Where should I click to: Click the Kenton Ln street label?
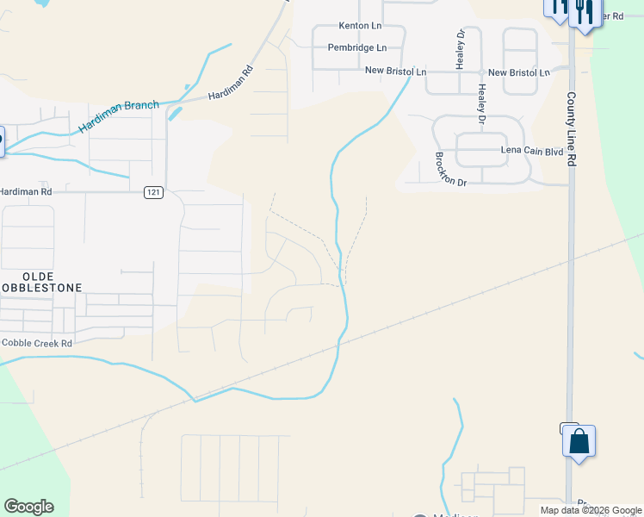(x=360, y=27)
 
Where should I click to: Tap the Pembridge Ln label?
(x=356, y=48)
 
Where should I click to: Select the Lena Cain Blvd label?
(x=532, y=151)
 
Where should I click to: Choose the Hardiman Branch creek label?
(x=119, y=116)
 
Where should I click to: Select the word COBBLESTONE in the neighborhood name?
(x=41, y=287)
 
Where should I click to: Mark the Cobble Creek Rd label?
(x=36, y=343)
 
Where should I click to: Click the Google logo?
(x=28, y=507)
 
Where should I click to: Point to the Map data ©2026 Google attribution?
(x=590, y=510)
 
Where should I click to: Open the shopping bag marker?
(x=579, y=442)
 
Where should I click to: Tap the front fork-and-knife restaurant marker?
(x=584, y=12)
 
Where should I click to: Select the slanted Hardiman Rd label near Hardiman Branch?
(x=230, y=84)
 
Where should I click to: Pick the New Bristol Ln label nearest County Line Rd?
(x=519, y=73)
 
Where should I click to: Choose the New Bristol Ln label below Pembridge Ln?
(x=395, y=72)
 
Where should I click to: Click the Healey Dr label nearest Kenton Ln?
(x=460, y=49)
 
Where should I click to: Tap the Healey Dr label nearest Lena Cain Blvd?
(x=482, y=103)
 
